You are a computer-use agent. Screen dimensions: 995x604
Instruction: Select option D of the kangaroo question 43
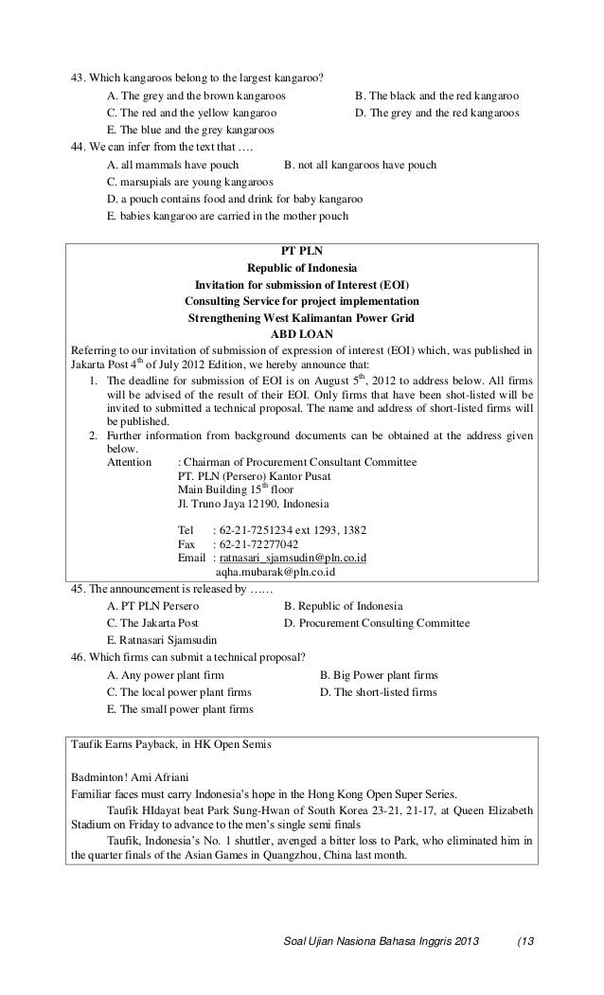click(435, 113)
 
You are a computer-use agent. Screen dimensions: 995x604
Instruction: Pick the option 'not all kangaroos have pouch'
click(360, 165)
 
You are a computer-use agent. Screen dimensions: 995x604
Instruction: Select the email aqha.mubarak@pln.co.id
click(275, 572)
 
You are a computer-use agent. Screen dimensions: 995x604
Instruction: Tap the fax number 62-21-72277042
click(258, 544)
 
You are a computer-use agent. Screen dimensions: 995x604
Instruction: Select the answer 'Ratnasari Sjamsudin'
click(163, 640)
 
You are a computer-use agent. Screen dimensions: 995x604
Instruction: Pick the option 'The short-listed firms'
click(379, 692)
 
